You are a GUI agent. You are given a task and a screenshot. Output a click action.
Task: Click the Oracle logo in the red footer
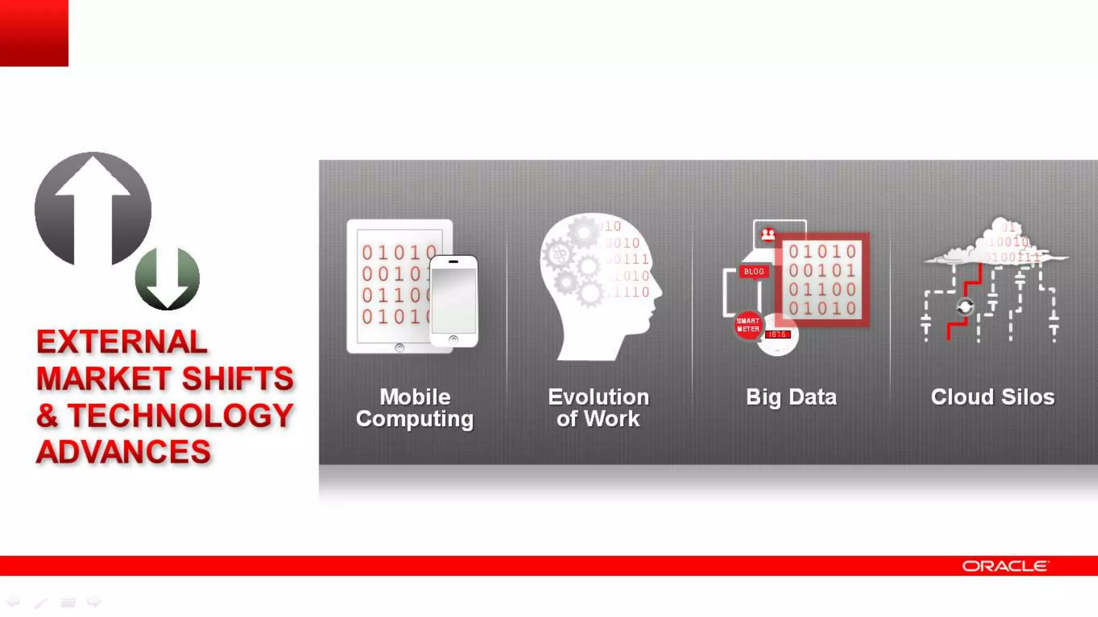1005,566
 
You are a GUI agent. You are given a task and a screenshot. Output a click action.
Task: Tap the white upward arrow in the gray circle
93,204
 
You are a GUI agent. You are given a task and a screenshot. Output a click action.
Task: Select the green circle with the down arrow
167,279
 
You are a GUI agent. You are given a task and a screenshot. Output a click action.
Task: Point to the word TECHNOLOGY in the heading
181,416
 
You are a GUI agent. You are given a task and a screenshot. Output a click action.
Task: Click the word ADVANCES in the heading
123,452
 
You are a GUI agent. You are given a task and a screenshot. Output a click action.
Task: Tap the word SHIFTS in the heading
238,379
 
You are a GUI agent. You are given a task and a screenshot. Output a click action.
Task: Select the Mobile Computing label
415,408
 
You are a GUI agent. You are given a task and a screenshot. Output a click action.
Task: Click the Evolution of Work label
598,408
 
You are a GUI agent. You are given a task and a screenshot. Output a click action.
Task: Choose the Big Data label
791,397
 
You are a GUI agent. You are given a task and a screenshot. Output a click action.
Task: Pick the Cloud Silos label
992,397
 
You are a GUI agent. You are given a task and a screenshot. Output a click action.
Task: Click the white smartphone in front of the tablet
454,301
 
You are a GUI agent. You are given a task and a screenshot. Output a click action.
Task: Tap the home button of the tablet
399,348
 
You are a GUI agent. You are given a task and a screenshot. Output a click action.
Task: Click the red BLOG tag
754,272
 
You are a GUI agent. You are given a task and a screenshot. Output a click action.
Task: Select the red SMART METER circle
748,325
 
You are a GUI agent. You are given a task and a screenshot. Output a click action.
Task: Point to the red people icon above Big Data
768,235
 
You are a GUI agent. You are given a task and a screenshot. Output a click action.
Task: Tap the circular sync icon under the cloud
965,307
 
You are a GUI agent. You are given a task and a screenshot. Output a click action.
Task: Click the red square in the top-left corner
34,33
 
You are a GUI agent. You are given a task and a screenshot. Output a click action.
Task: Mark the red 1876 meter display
777,334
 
